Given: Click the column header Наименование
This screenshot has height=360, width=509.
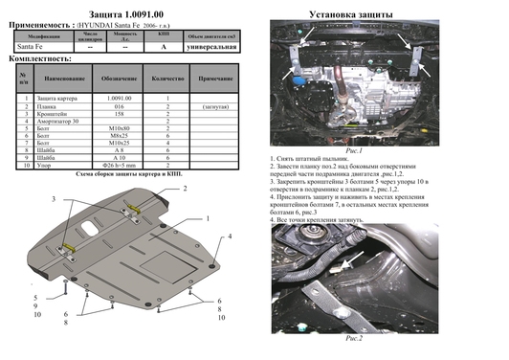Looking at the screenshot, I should [x=66, y=79].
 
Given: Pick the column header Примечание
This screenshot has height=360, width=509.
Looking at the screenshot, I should [x=216, y=79].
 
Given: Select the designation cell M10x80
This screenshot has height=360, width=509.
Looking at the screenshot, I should [x=119, y=127].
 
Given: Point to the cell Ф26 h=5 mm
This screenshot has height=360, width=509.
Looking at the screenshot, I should [x=119, y=166].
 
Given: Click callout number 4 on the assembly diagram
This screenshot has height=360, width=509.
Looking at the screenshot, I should [x=229, y=236].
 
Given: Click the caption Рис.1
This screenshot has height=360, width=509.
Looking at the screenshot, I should [x=353, y=150].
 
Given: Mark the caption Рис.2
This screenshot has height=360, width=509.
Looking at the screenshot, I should [x=353, y=338].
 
